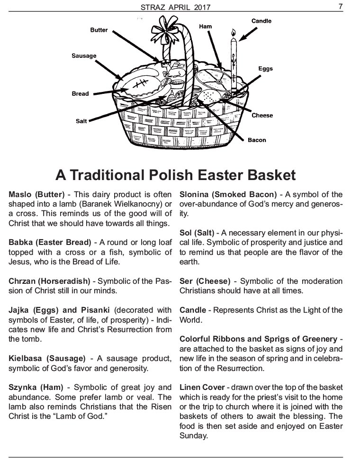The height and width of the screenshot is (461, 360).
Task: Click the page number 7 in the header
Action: pos(340,7)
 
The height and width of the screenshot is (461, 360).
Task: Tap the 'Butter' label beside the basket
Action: pos(99,30)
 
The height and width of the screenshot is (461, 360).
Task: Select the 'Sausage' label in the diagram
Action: pos(84,56)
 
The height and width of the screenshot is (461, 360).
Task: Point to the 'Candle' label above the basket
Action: pos(261,21)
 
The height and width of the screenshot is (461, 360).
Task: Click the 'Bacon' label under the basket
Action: pos(257,140)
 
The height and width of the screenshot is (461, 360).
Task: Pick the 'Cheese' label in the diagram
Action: pos(262,116)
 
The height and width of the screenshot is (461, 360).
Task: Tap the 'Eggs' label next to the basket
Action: pos(266,69)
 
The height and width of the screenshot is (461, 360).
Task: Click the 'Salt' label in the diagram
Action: pos(81,121)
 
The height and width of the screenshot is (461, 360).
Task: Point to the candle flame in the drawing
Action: pos(234,32)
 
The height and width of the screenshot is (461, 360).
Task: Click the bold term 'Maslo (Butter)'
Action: pos(36,195)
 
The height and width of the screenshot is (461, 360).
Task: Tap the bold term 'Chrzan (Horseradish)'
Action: pos(49,281)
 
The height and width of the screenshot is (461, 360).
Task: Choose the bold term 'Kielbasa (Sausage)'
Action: pos(47,359)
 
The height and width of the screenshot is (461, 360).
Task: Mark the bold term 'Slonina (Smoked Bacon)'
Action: pos(228,195)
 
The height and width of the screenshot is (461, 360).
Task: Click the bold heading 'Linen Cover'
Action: pos(202,388)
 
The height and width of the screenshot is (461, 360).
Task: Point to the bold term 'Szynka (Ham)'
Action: pos(36,388)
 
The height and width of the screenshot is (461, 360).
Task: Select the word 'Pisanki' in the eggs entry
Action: pos(95,310)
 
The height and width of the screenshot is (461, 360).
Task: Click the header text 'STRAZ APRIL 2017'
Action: pos(175,7)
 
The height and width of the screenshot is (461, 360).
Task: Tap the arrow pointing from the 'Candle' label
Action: pos(248,35)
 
